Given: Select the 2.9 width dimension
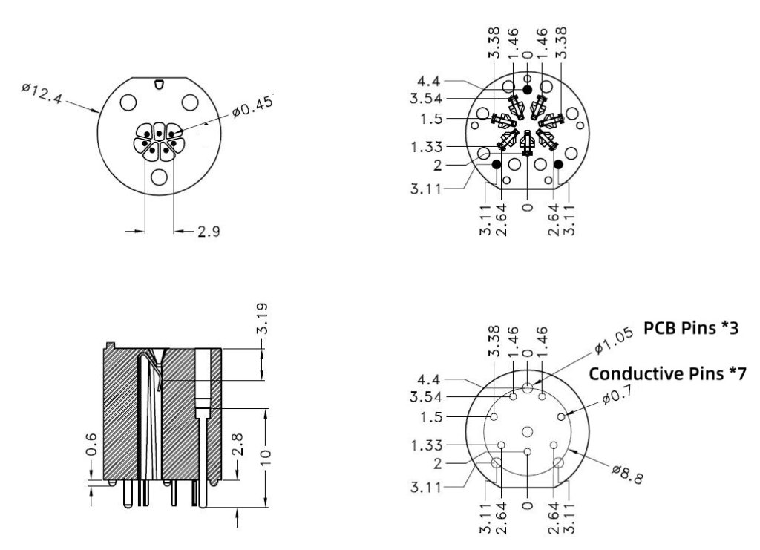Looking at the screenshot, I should [208, 232].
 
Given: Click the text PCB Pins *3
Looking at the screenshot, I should [690, 327].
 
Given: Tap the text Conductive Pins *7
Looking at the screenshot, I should [667, 373].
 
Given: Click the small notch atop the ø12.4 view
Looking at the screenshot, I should [159, 85].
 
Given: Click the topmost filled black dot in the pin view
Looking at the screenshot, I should [527, 89].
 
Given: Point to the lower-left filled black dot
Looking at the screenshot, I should [496, 163].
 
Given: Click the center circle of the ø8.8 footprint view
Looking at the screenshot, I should [527, 432].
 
